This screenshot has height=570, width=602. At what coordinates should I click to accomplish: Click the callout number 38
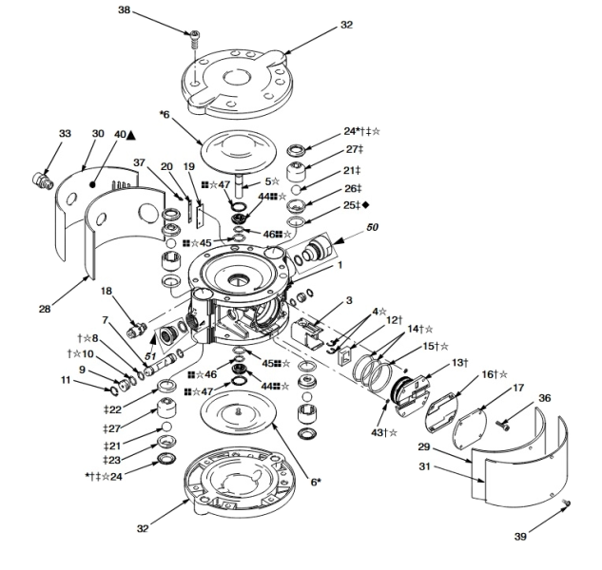(x=124, y=9)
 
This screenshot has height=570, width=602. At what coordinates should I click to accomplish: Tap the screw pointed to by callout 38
(x=195, y=40)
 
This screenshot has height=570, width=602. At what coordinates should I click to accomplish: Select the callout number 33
(x=65, y=134)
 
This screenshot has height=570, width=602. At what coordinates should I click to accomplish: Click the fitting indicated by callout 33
(x=42, y=180)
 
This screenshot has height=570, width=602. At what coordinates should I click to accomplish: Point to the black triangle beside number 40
(x=131, y=135)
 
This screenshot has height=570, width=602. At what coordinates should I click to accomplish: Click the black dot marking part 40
(x=92, y=185)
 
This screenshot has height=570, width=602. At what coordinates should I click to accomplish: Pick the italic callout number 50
(x=372, y=227)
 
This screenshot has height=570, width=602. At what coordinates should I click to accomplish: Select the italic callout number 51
(x=150, y=356)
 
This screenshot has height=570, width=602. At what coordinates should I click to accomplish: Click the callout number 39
(x=520, y=536)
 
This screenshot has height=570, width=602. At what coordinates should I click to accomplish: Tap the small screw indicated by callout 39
(x=566, y=503)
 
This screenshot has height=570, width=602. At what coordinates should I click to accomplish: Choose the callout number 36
(x=544, y=398)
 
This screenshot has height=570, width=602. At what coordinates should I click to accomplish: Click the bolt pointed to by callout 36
(x=504, y=425)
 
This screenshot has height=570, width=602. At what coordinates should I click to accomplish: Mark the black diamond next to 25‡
(x=365, y=205)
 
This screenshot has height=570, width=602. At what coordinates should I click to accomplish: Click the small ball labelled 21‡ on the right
(x=297, y=189)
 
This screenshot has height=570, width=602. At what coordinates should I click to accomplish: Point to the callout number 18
(x=107, y=291)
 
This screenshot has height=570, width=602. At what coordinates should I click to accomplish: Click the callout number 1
(x=340, y=265)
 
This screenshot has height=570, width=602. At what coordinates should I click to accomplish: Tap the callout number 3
(x=349, y=300)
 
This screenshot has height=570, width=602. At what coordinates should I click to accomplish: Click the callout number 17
(x=518, y=388)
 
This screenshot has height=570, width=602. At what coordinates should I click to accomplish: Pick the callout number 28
(x=45, y=308)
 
